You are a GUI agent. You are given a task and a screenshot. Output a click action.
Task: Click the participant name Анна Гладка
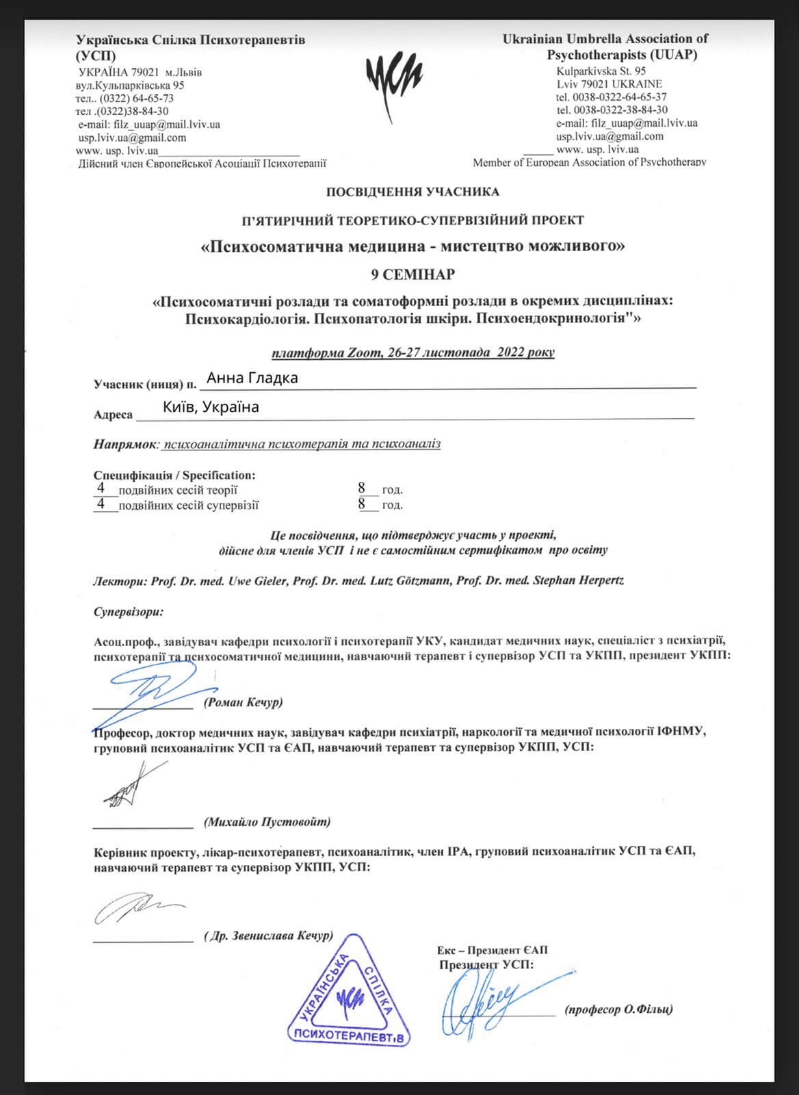pyautogui.click(x=252, y=378)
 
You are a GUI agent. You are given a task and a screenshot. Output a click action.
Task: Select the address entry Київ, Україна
pyautogui.click(x=211, y=407)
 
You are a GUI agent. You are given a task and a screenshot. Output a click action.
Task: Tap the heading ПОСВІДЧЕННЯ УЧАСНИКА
pyautogui.click(x=412, y=192)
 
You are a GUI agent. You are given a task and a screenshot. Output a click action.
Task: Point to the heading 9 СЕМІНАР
pyautogui.click(x=412, y=274)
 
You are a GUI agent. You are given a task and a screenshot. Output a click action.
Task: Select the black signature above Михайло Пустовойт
pyautogui.click(x=130, y=784)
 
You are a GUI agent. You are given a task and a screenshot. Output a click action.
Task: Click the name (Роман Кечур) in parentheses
pyautogui.click(x=243, y=702)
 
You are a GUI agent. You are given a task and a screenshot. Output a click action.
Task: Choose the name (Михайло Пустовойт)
pyautogui.click(x=267, y=821)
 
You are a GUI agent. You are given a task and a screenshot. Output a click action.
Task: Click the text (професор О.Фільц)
pyautogui.click(x=618, y=1009)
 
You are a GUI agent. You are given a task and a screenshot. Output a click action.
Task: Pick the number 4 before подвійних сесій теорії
pyautogui.click(x=101, y=489)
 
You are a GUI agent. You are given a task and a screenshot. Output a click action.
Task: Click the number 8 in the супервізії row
pyautogui.click(x=362, y=505)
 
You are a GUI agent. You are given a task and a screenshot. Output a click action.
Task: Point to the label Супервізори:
pyautogui.click(x=129, y=612)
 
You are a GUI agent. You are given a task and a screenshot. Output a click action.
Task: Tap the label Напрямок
pyautogui.click(x=125, y=444)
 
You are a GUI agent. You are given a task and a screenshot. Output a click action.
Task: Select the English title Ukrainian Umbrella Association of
pyautogui.click(x=605, y=39)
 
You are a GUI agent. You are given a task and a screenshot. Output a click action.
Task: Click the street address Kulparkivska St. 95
pyautogui.click(x=601, y=71)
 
